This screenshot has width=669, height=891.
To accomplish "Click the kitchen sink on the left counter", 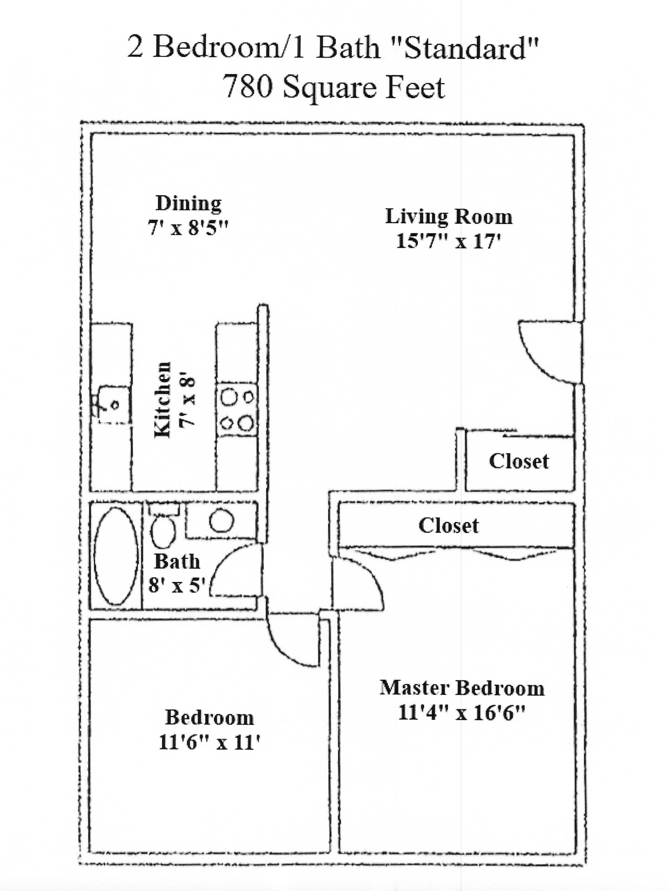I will pyautogui.click(x=115, y=405).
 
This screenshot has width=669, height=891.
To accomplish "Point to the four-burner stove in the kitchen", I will pyautogui.click(x=237, y=410).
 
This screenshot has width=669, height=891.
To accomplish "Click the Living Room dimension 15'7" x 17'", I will pyautogui.click(x=448, y=241).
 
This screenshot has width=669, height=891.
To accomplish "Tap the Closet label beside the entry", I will pyautogui.click(x=518, y=462).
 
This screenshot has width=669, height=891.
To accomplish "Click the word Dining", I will pyautogui.click(x=189, y=203).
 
